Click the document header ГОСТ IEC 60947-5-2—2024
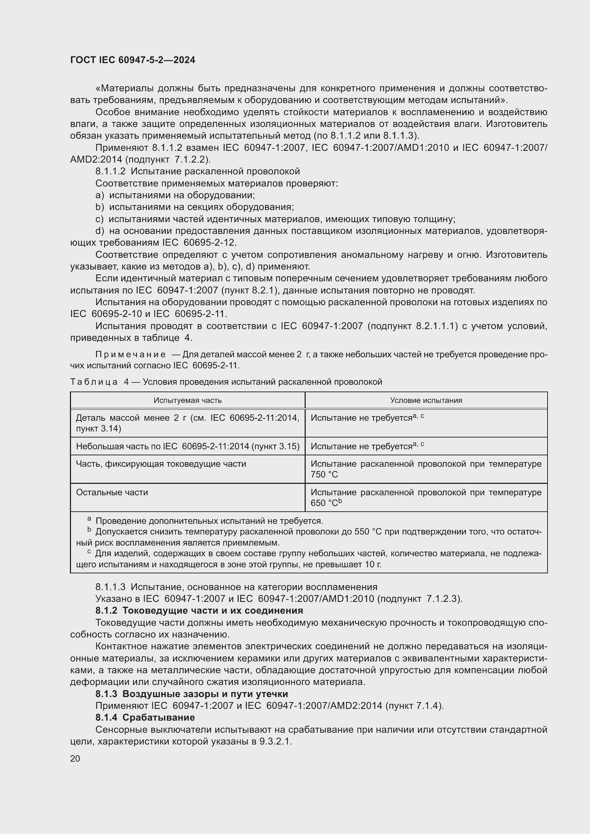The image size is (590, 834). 133,60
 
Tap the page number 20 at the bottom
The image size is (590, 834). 75,758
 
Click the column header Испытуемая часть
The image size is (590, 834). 188,400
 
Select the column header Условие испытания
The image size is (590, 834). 426,400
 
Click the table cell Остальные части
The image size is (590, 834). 112,492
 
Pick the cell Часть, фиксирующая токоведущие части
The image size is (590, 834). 161,464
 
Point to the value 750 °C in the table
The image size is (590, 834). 324,475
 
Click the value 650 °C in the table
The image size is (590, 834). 324,503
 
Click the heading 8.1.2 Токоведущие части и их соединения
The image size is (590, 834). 199,610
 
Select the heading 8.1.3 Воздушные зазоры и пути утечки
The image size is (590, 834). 192,694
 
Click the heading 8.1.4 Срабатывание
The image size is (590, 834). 145,717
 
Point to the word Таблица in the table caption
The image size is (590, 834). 94,382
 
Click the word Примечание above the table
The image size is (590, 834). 131,354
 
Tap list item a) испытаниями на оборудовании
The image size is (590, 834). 175,195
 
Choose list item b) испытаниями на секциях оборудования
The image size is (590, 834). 194,207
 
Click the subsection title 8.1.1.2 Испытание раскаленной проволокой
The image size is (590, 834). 198,172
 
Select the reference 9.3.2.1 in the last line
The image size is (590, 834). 276,741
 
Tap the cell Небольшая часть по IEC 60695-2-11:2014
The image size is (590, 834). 188,446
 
